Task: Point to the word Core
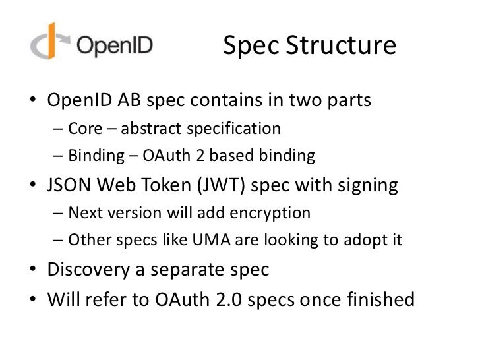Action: [x=84, y=127]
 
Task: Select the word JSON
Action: [x=68, y=185]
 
